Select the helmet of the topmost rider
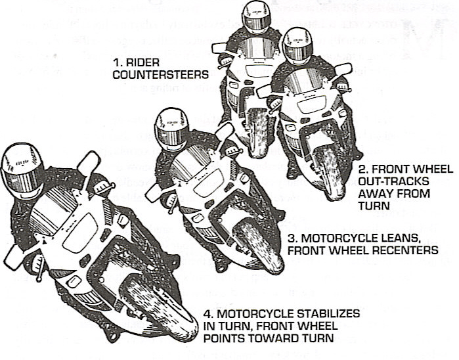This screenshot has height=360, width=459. coord(256,16)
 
